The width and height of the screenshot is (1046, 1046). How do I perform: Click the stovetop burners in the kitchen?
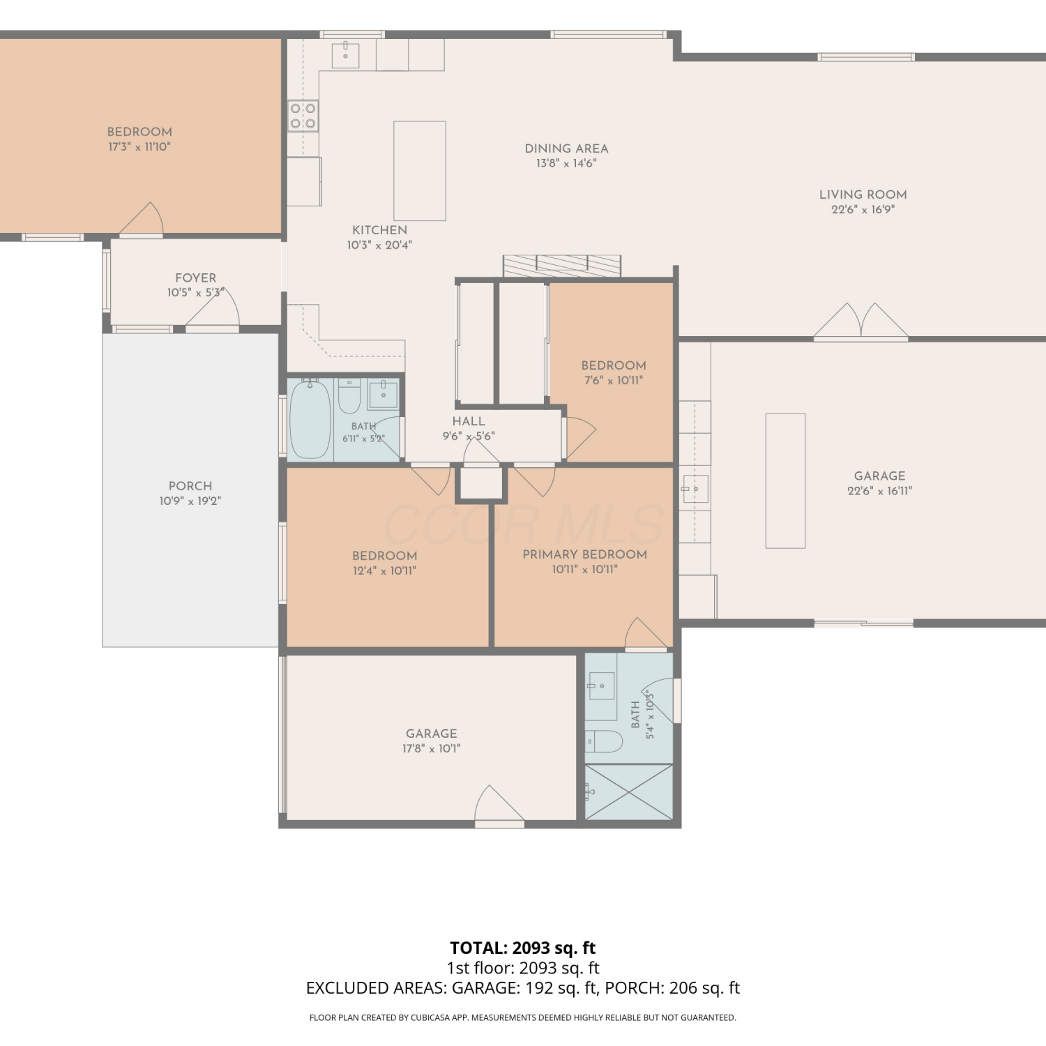pos(303,116)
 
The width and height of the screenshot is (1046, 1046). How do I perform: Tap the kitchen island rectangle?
pos(420,171)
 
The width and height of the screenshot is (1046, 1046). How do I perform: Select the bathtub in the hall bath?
pos(310,419)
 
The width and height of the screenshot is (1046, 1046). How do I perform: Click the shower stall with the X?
pos(629,792)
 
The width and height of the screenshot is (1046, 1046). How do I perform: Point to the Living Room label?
pos(863,195)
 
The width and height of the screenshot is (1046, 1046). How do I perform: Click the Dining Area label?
pos(566,149)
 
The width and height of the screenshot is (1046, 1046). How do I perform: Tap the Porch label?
pos(190,486)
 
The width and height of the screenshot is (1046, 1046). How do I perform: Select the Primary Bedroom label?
pos(585,554)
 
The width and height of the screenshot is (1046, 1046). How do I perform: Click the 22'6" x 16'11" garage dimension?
pos(880,491)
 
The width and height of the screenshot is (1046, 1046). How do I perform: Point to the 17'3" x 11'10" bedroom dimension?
pos(139,147)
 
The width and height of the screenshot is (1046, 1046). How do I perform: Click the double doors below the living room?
pos(861,321)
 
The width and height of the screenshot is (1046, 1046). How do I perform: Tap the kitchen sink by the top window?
pos(345,55)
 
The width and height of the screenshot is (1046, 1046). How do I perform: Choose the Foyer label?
pos(196,278)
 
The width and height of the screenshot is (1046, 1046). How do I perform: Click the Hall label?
pos(469,421)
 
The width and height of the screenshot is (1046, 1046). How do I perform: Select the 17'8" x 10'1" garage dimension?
pos(432,749)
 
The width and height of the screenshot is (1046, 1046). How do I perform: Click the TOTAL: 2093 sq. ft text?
pos(523,948)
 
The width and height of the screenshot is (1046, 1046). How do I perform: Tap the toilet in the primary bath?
pos(603,741)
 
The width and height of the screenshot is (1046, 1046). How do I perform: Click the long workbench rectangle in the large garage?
pos(786,481)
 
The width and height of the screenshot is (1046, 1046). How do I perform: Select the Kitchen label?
pos(380,230)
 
